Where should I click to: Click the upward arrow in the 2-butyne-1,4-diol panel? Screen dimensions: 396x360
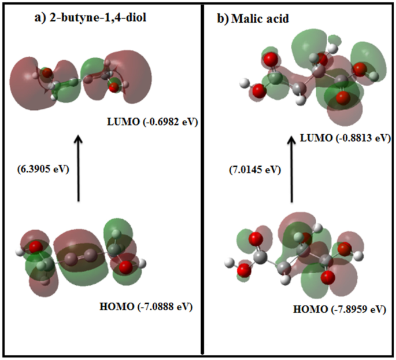pos(78,168)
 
